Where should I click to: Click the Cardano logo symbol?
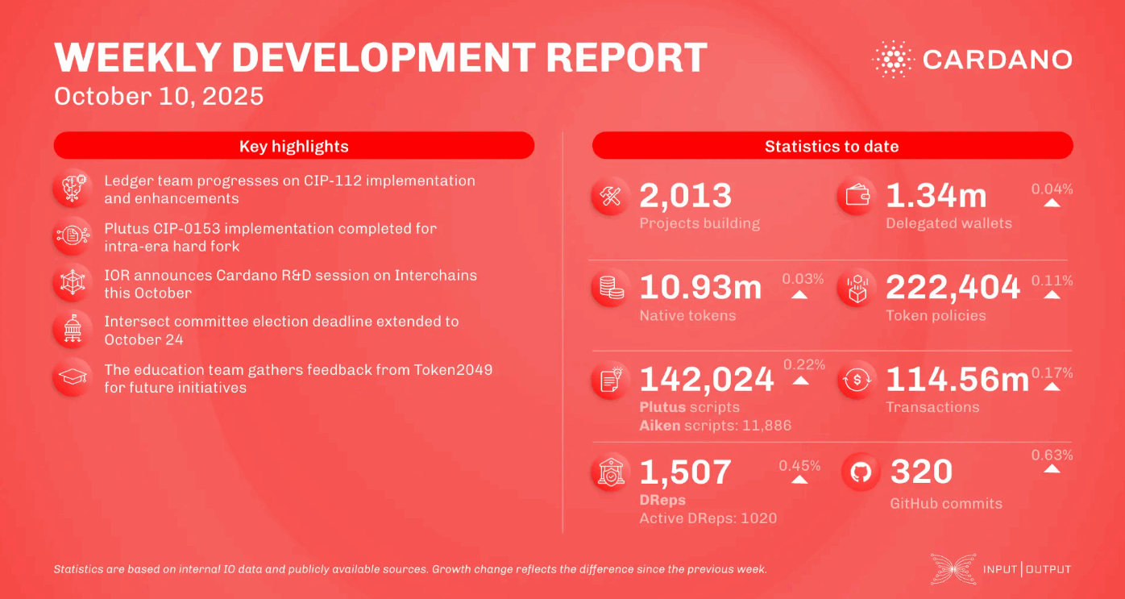[x=892, y=60]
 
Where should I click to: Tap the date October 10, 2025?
[x=159, y=97]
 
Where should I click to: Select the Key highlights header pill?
[x=293, y=146]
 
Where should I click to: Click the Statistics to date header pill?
[x=832, y=146]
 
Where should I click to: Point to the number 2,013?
[x=685, y=196]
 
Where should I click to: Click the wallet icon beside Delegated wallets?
[x=857, y=196]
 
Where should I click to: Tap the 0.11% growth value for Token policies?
[x=1052, y=281]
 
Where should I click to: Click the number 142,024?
[x=706, y=379]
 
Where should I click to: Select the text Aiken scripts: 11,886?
[x=715, y=425]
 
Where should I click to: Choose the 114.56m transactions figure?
[x=957, y=380]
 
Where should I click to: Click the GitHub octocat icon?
[x=860, y=473]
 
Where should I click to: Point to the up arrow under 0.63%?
[x=1052, y=468]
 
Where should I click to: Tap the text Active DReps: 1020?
[x=708, y=518]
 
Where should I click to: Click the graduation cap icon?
[x=71, y=377]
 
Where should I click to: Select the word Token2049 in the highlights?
[x=453, y=370]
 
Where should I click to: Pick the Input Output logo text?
[x=1027, y=569]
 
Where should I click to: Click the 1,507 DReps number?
[x=685, y=472]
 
